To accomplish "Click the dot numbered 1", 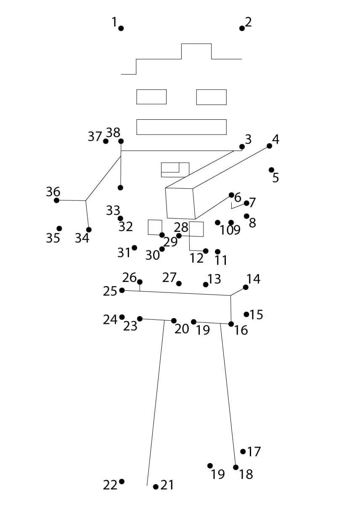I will [x=121, y=28].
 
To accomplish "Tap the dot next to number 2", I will [x=242, y=28].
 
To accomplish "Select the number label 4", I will [x=276, y=139].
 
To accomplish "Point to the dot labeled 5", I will [x=271, y=170].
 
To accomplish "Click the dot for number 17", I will [x=243, y=451].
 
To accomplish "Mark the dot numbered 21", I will [x=156, y=487].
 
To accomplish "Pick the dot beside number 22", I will [x=122, y=482].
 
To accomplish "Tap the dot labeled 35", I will [x=59, y=229].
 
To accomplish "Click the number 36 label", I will [x=53, y=192].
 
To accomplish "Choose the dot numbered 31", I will [x=134, y=247].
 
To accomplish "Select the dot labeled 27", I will [x=179, y=284].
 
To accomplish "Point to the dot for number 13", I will [x=206, y=284].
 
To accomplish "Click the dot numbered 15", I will [x=246, y=314].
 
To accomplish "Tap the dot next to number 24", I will [x=122, y=317].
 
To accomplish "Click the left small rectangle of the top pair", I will [x=151, y=97].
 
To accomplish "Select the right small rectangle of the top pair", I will [x=211, y=97].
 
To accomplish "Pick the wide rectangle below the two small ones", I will [x=181, y=127].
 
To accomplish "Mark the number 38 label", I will [x=113, y=133].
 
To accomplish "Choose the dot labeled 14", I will [x=246, y=287].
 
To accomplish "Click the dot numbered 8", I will [x=246, y=216].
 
